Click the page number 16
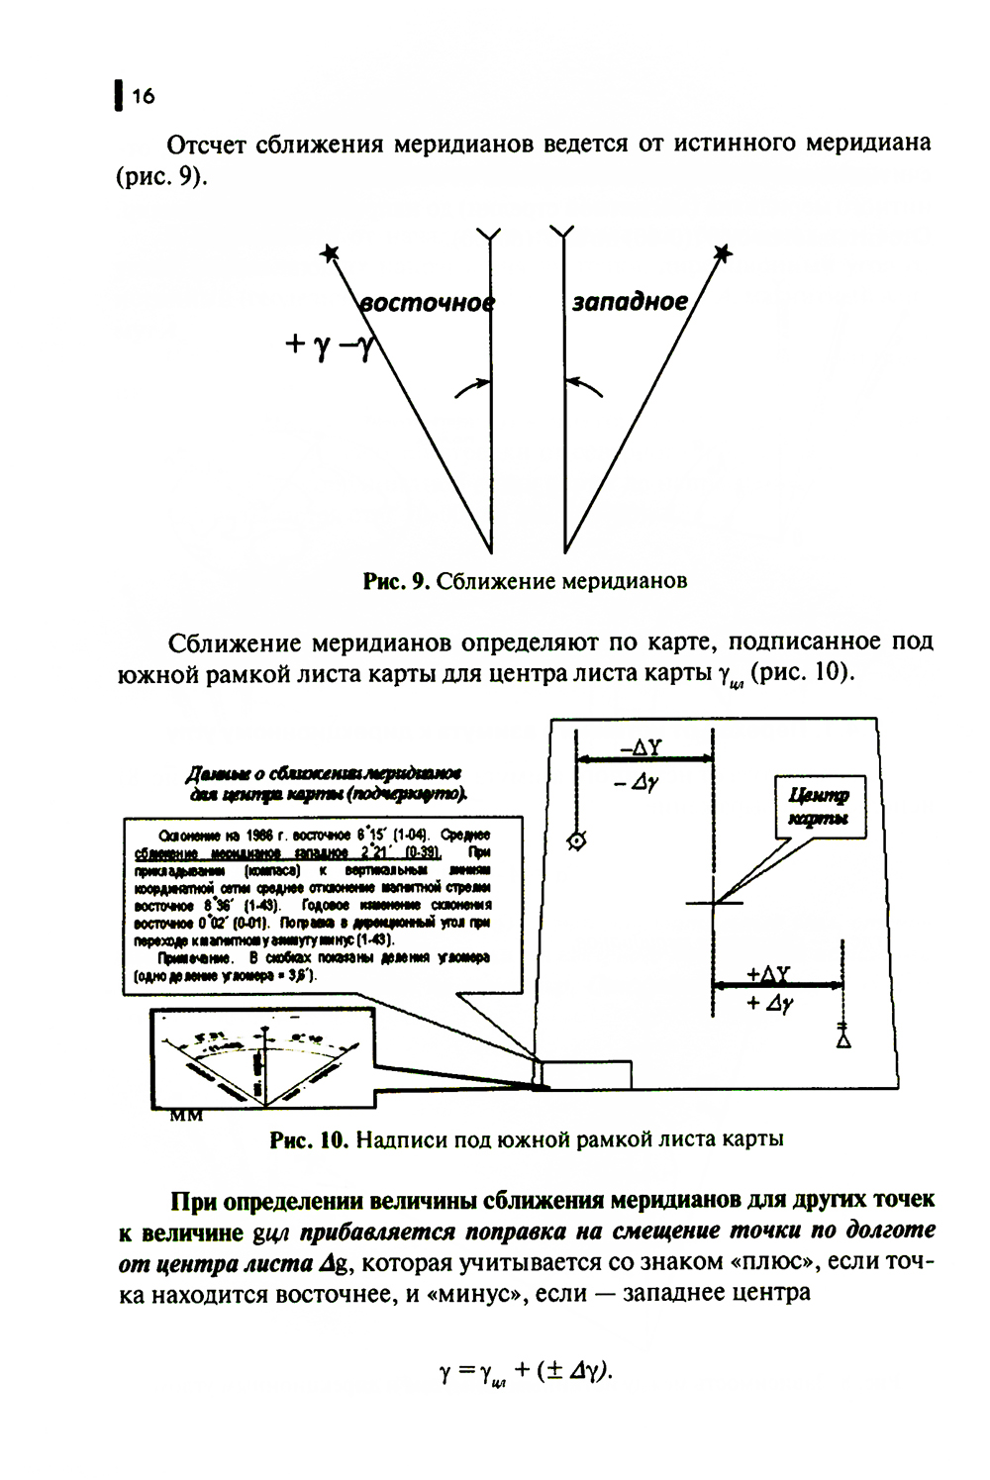click(143, 96)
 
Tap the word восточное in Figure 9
click(426, 302)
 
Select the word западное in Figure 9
click(630, 301)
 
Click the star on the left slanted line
click(330, 255)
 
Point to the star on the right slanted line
click(724, 253)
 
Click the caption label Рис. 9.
click(394, 581)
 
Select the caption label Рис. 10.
click(309, 1139)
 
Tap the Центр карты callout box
click(818, 808)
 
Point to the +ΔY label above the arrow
click(768, 973)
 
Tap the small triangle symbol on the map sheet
click(842, 1040)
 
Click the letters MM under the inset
click(187, 1116)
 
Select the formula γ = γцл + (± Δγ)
click(525, 1372)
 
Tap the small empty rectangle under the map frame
click(586, 1074)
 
